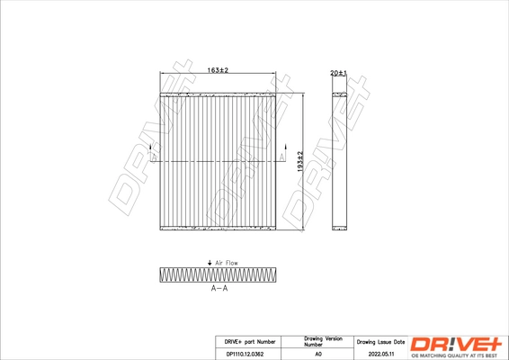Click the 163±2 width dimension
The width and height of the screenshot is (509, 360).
[x=217, y=70]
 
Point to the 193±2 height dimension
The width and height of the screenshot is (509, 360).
[x=301, y=160]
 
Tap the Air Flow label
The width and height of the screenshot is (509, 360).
[x=226, y=262]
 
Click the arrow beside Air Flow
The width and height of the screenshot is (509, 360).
[x=210, y=262]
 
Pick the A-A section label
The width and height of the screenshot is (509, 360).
[x=219, y=290]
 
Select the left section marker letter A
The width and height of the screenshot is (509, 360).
[x=152, y=157]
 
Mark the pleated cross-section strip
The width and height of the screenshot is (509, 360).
[x=219, y=274]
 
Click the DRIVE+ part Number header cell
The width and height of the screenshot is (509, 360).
[x=244, y=342]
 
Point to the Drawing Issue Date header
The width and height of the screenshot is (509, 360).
[x=380, y=342]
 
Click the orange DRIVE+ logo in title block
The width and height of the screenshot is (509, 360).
[x=458, y=344]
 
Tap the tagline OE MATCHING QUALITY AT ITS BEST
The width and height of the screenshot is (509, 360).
[x=458, y=355]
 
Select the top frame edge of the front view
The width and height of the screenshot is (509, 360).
[x=217, y=93]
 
